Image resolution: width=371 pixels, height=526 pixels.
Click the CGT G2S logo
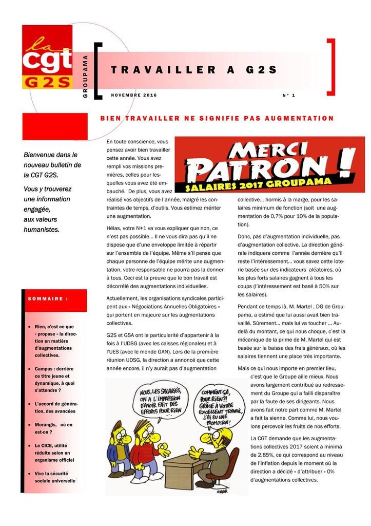47,57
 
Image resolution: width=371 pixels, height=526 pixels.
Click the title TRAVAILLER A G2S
194,70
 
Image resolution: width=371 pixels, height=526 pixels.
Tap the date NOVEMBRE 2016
134,95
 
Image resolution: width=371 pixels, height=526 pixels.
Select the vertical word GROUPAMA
85,77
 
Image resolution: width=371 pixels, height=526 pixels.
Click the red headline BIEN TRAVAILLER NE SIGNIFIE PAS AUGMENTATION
217,119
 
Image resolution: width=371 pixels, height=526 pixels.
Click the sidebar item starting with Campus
54,383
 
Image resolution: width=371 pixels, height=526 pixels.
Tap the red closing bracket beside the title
331,67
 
